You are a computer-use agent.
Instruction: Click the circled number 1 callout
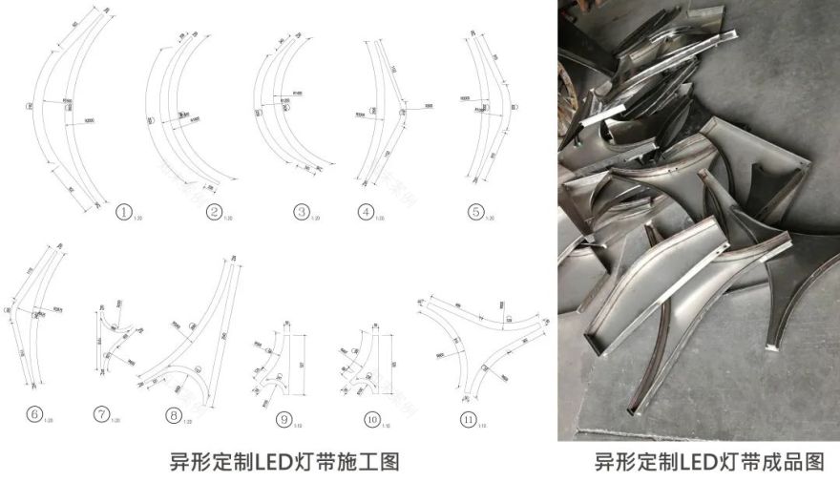(123, 213)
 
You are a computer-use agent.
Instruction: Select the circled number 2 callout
(214, 212)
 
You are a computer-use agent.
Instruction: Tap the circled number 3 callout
(302, 212)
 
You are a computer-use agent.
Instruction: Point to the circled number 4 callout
(365, 212)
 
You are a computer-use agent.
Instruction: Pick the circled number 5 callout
(475, 212)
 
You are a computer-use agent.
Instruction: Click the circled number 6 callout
(34, 413)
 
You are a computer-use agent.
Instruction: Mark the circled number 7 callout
(102, 413)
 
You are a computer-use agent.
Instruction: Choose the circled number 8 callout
(173, 414)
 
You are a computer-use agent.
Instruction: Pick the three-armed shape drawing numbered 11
(472, 334)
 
